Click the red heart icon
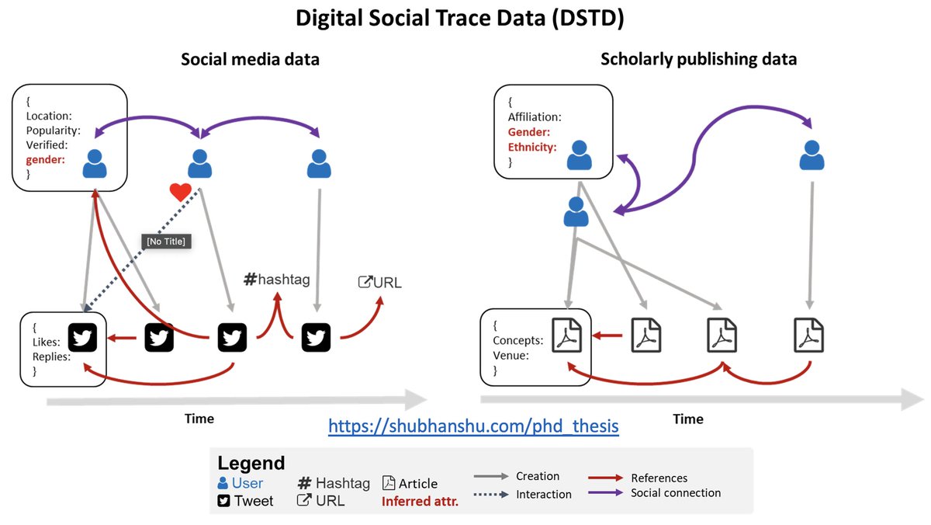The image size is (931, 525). click(180, 192)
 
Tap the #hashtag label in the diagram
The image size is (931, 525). click(276, 279)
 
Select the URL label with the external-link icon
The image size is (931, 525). click(379, 282)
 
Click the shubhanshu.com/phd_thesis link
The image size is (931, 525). click(473, 426)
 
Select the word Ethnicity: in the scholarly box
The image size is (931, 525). click(532, 147)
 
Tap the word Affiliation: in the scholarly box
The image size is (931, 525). click(535, 117)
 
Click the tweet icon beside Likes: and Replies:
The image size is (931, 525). click(82, 337)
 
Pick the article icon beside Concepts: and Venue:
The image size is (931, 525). click(566, 336)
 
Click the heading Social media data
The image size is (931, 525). click(250, 59)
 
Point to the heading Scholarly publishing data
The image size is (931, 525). click(698, 59)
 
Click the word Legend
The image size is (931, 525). click(251, 464)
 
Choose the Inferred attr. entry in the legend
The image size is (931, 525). click(420, 502)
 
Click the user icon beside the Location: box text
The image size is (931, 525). click(95, 164)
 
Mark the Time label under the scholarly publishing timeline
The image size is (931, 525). click(687, 419)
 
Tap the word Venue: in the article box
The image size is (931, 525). click(510, 356)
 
